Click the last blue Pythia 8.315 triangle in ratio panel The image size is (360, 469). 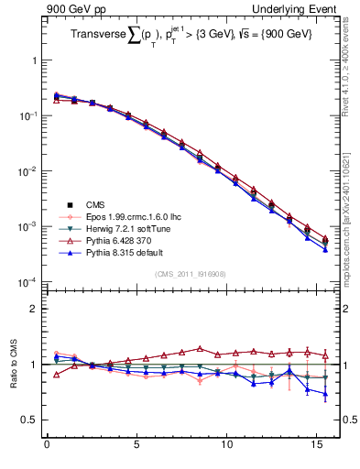(x=325, y=395)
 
